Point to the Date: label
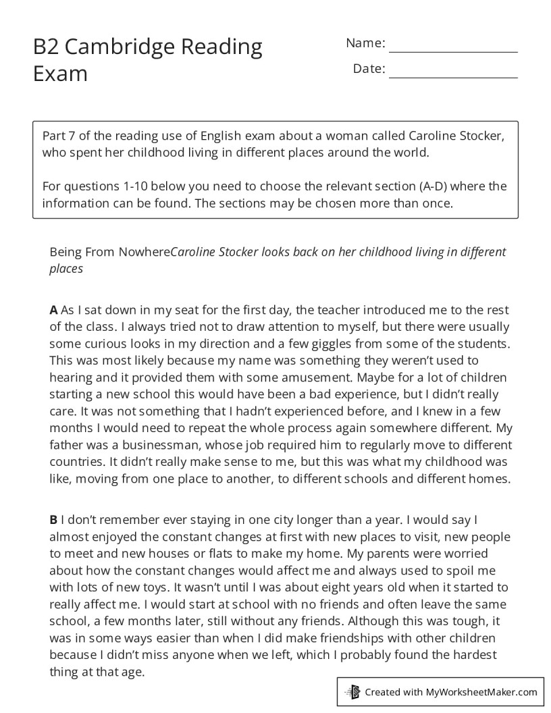click(x=369, y=69)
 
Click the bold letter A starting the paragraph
click(x=53, y=311)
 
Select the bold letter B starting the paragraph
click(x=53, y=521)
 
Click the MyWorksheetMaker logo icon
click(x=352, y=691)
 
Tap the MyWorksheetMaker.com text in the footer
click(x=481, y=691)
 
